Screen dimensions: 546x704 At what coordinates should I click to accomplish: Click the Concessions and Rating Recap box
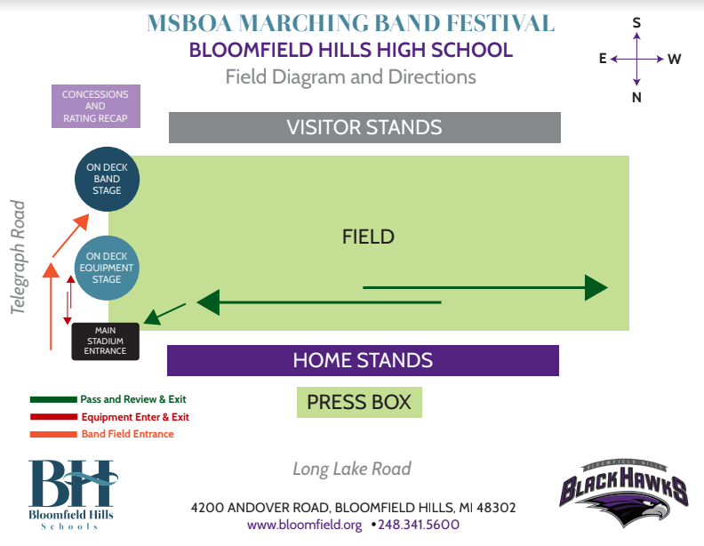point(95,107)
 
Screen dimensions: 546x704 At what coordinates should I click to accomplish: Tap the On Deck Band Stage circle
point(108,178)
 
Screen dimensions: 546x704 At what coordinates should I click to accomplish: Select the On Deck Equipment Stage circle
point(108,268)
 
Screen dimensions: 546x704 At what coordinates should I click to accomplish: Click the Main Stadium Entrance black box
point(105,341)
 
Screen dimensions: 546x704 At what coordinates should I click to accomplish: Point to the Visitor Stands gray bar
point(364,127)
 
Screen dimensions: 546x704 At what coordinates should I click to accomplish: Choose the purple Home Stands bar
point(363,360)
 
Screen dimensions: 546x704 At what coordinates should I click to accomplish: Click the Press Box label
point(359,403)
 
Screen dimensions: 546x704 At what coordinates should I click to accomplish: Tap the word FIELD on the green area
point(368,237)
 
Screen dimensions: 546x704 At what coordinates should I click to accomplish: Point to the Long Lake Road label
point(352,469)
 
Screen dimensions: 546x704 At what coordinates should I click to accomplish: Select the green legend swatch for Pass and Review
point(53,400)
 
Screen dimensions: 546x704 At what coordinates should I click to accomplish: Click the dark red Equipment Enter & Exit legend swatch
point(53,417)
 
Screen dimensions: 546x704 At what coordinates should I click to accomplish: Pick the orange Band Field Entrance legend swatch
point(53,434)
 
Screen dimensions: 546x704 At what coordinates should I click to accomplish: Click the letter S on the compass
point(636,23)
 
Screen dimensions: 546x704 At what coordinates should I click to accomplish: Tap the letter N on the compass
point(636,98)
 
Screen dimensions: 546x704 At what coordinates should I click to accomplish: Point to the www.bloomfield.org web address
point(305,526)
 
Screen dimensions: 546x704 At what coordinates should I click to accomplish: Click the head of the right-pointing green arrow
point(596,287)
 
